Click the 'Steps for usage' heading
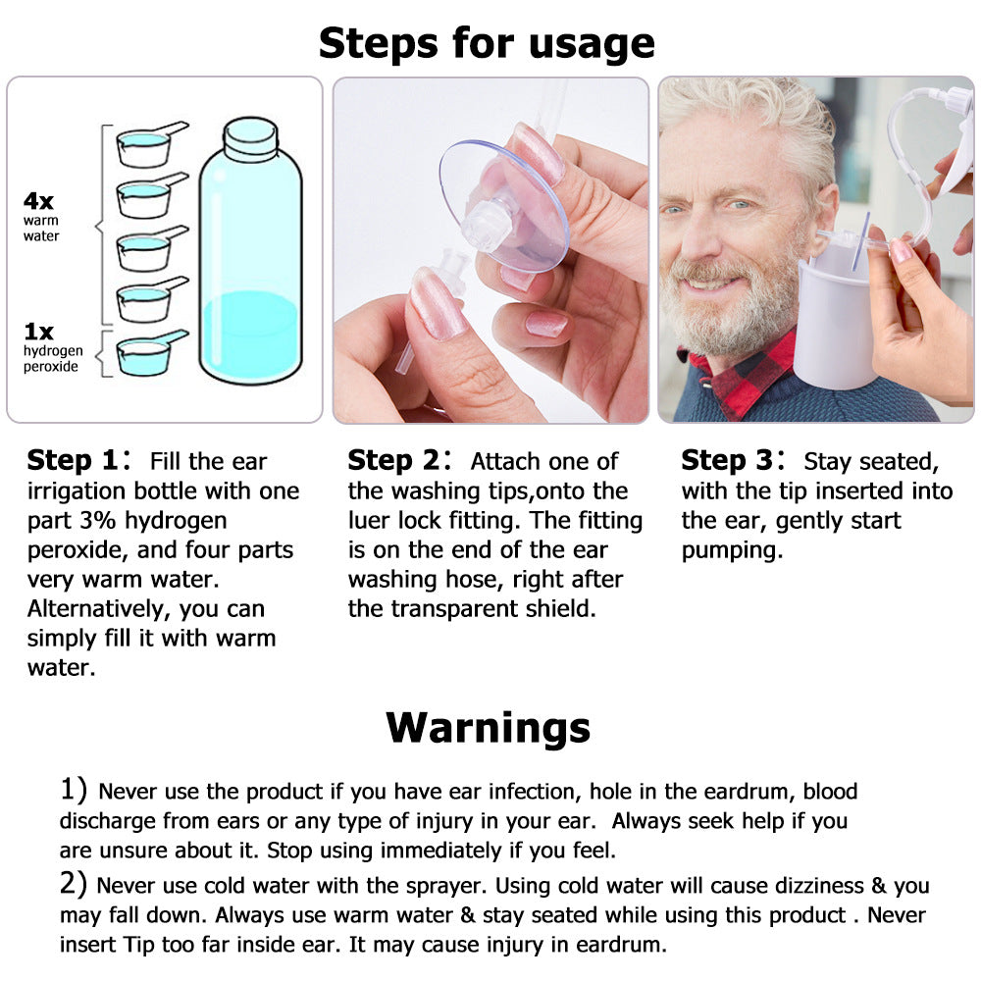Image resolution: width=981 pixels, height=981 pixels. tap(487, 44)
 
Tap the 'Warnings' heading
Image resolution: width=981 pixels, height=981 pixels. tap(488, 727)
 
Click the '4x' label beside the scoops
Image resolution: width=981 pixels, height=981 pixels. tap(38, 201)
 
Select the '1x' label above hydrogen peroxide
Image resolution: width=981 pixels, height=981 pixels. tap(38, 331)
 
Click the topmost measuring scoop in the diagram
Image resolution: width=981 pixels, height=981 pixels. tap(151, 144)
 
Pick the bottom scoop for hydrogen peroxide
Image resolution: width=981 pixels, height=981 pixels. tap(151, 353)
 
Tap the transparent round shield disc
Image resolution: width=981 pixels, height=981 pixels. tap(504, 206)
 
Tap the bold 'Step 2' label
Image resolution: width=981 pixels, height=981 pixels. tap(393, 460)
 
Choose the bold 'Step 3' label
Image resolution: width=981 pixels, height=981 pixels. tap(727, 460)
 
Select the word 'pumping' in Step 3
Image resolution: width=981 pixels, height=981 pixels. tap(732, 550)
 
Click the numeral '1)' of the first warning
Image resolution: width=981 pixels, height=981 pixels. tap(74, 789)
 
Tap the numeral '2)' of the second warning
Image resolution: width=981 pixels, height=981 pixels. tap(74, 884)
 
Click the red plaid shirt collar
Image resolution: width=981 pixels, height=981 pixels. tap(750, 376)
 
